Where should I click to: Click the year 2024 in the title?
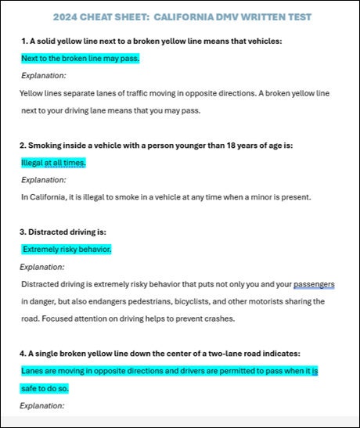(x=68, y=16)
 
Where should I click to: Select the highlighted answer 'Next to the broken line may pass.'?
(x=81, y=59)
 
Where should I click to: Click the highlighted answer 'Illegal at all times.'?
(x=54, y=163)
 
